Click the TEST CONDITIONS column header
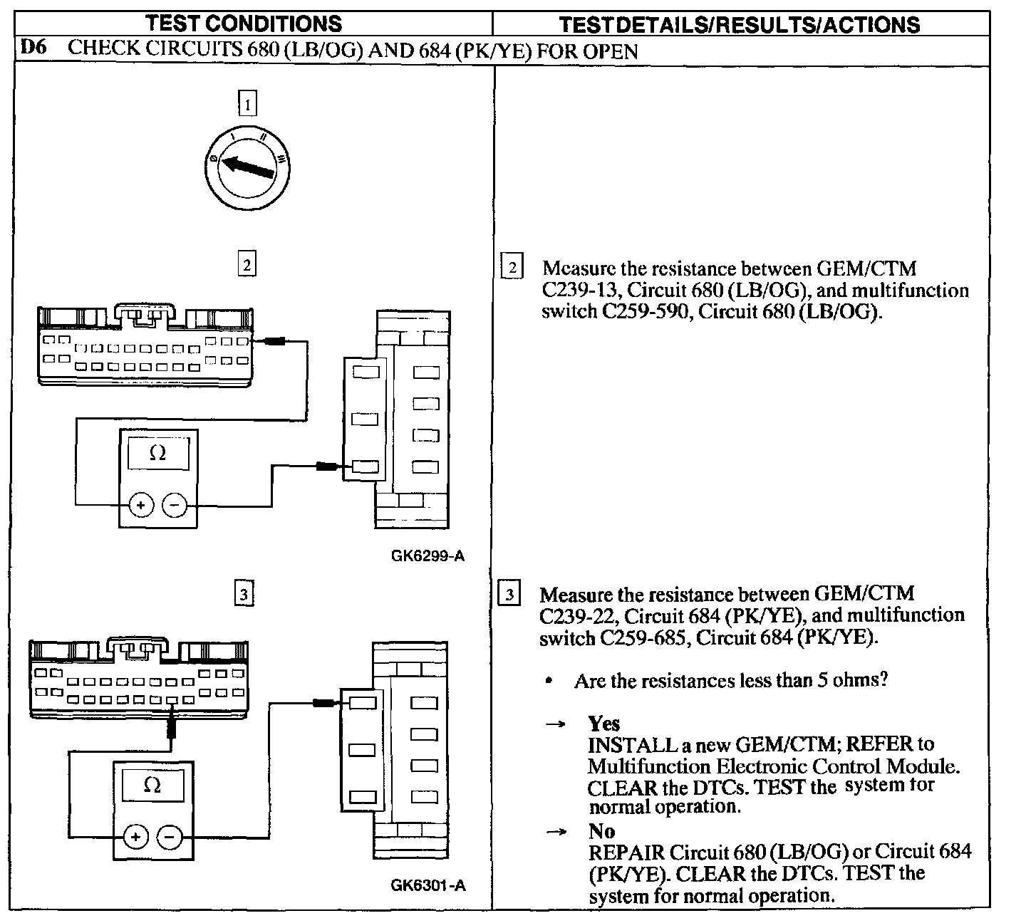pos(244,24)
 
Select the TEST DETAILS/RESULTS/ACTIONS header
pos(739,25)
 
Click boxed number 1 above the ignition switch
pos(247,105)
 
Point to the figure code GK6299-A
pos(427,556)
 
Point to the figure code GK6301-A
pos(428,885)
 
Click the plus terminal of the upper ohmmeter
pos(141,506)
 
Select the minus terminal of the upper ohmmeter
pos(175,506)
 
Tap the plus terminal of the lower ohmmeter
pos(135,836)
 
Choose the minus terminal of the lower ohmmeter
pos(169,836)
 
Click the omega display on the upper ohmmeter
pos(158,454)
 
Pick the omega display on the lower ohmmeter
pos(152,785)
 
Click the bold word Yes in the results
pos(604,724)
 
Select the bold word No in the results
pos(602,831)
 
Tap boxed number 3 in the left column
pos(244,593)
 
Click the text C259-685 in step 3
pos(644,637)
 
